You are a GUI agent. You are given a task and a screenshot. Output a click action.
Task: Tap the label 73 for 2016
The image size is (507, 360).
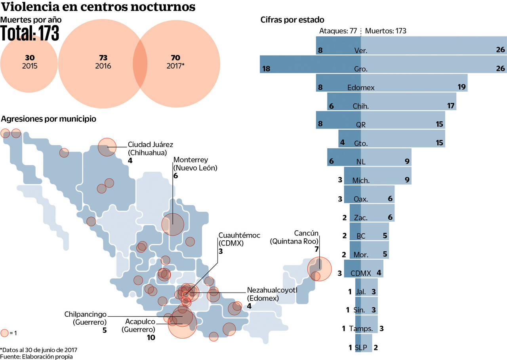pyautogui.click(x=103, y=58)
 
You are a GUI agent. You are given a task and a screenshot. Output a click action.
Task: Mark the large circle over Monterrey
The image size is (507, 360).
pyautogui.click(x=173, y=224)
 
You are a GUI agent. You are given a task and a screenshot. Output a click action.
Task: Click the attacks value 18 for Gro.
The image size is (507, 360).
pyautogui.click(x=266, y=69)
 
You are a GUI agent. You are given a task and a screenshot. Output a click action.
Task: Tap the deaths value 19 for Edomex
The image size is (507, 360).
pyautogui.click(x=461, y=87)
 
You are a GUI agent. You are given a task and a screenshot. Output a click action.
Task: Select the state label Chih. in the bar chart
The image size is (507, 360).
pyautogui.click(x=360, y=106)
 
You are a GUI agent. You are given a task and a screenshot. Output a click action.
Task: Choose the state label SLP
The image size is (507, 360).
pyautogui.click(x=361, y=348)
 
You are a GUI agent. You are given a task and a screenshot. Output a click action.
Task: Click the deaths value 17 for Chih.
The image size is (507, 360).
pyautogui.click(x=450, y=106)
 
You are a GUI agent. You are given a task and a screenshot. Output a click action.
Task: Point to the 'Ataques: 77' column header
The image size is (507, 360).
pyautogui.click(x=338, y=31)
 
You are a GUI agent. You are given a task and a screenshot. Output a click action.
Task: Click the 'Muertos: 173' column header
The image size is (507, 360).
pyautogui.click(x=386, y=31)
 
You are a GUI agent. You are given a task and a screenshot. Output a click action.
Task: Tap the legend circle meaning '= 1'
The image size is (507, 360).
pyautogui.click(x=5, y=333)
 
